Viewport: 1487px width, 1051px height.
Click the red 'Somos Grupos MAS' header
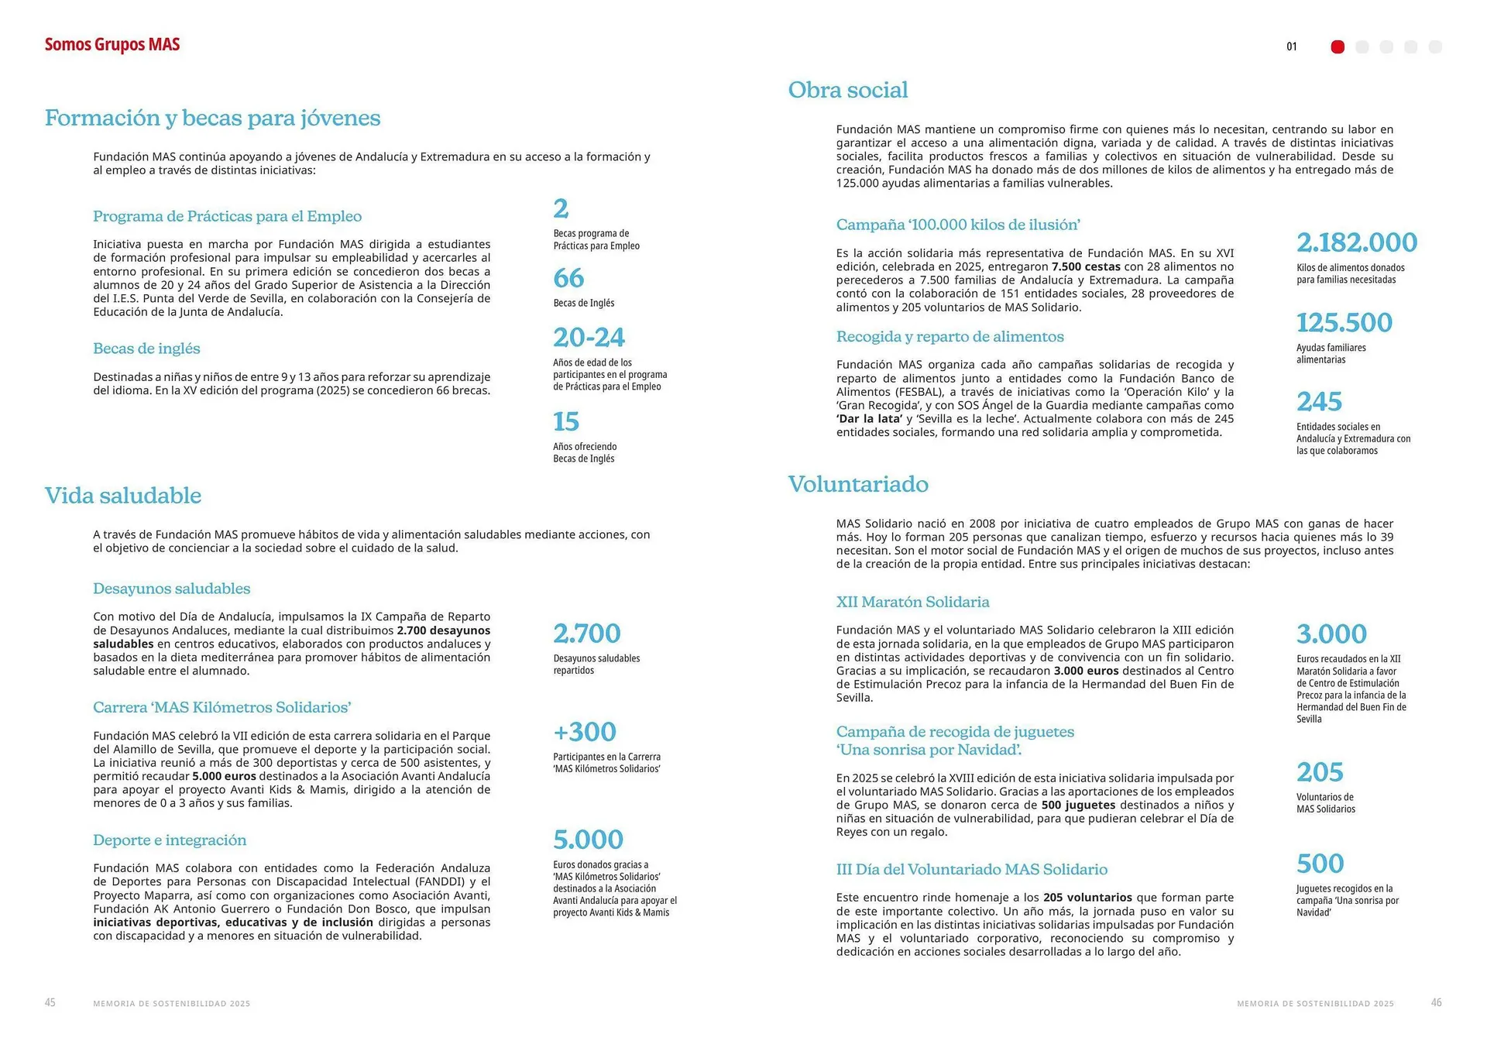(x=112, y=45)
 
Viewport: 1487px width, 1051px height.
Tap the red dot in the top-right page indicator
(x=1338, y=47)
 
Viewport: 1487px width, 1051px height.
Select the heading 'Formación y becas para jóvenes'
(x=212, y=118)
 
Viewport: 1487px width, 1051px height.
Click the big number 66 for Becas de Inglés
(x=568, y=278)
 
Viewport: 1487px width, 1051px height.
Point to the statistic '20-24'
(x=589, y=338)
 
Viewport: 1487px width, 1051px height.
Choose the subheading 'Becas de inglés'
(x=146, y=349)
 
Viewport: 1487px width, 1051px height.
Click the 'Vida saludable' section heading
(x=123, y=496)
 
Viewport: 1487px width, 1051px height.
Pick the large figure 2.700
(x=586, y=634)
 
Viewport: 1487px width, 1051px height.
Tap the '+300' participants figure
(x=585, y=732)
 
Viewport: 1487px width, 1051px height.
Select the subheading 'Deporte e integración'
(x=170, y=840)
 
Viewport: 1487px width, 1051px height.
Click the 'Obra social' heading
(x=848, y=90)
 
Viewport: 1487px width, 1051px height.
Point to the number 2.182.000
(x=1357, y=242)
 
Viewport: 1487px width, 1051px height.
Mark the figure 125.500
(x=1344, y=322)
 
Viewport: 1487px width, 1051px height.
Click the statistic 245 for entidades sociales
(x=1319, y=402)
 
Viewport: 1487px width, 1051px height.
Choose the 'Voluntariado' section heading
(x=858, y=484)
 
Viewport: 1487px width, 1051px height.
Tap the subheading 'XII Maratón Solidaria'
(x=912, y=602)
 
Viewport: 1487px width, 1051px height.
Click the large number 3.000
(x=1331, y=634)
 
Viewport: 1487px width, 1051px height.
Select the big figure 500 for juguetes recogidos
(x=1320, y=864)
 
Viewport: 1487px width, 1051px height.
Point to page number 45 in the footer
(x=50, y=1003)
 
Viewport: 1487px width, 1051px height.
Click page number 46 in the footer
(x=1436, y=1003)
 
